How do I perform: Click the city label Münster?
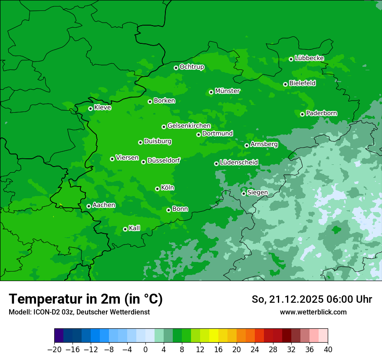click(x=227, y=91)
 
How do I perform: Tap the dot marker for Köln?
click(x=157, y=189)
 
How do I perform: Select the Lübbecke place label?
click(x=309, y=58)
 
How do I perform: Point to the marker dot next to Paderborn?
click(x=302, y=114)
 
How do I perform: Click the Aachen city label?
click(x=104, y=205)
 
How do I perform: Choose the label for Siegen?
click(x=257, y=193)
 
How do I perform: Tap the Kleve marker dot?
click(x=90, y=108)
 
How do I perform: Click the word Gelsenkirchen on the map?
click(x=189, y=126)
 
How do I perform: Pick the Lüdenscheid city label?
click(x=239, y=163)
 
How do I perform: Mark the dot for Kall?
click(x=125, y=229)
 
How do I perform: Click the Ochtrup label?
click(x=192, y=67)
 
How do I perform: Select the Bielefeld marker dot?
click(x=285, y=84)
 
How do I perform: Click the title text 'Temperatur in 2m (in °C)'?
click(x=86, y=299)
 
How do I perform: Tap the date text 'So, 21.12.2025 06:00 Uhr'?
click(x=312, y=299)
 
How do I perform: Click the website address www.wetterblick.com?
click(x=313, y=312)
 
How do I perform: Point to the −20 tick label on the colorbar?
click(x=54, y=350)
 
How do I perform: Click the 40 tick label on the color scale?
click(x=328, y=350)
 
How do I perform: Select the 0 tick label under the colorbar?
click(x=145, y=350)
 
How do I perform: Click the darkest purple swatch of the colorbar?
click(x=59, y=336)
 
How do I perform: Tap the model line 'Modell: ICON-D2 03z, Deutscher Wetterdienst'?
click(x=79, y=312)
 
